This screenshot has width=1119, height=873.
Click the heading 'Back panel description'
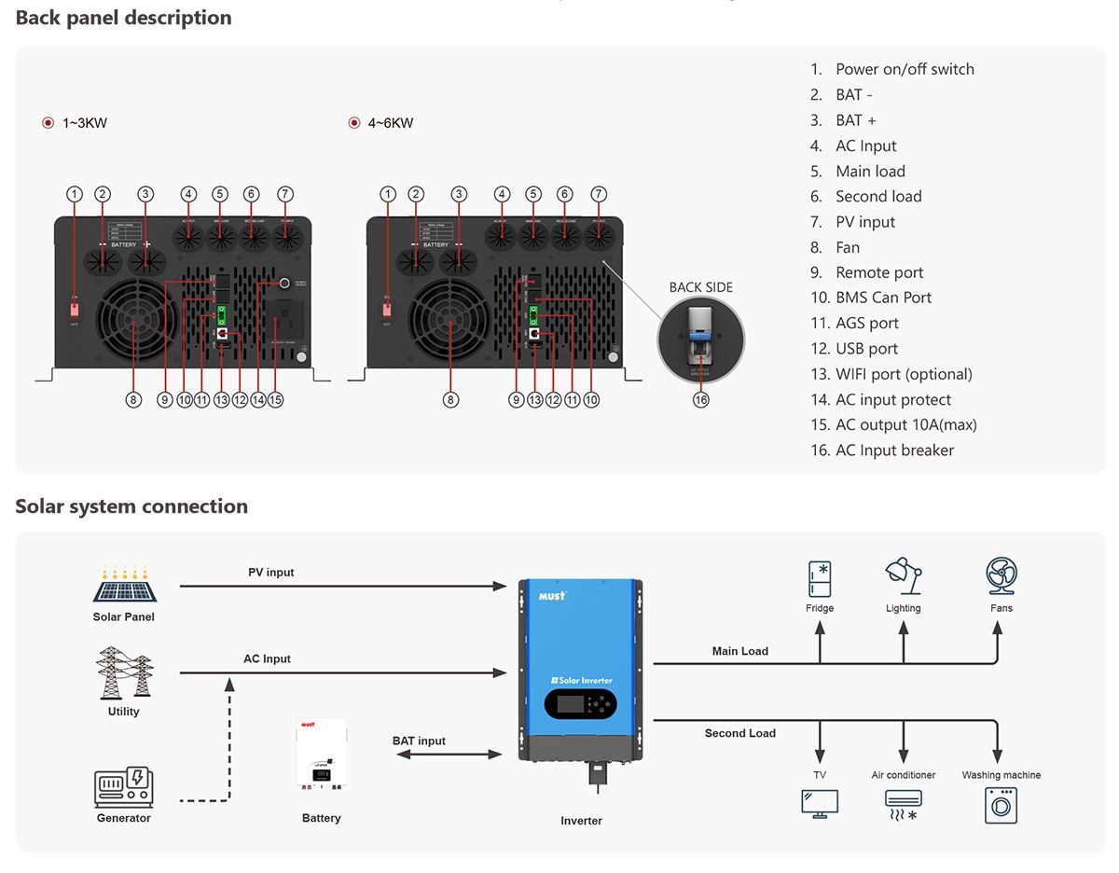coord(124,18)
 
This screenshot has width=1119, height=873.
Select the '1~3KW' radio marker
coord(48,123)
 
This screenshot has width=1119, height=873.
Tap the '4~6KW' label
coord(391,123)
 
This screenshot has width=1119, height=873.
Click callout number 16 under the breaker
coord(700,399)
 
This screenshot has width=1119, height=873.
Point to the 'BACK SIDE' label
coord(701,287)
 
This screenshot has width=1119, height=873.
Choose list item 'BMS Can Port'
coord(883,298)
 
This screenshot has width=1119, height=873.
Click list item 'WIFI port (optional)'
coord(904,374)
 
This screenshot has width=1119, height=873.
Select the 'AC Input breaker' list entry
coord(894,450)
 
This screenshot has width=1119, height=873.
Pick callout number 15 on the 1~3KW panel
coord(275,399)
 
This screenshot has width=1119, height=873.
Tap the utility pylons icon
coord(124,672)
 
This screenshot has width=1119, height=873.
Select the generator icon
coord(123,787)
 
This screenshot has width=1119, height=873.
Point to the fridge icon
coord(820,578)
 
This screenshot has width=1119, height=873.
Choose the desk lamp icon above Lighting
coord(903,576)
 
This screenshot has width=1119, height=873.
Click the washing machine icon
coord(1001,805)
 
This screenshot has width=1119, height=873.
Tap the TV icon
coord(820,803)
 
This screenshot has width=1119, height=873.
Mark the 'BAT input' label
coord(419,741)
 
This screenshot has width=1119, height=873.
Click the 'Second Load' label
coord(740,733)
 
